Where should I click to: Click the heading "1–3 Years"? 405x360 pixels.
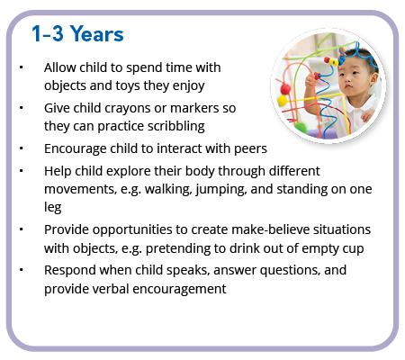77,33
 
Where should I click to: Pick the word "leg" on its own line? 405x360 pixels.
53,208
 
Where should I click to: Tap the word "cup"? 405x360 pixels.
354,249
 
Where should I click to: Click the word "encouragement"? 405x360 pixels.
179,289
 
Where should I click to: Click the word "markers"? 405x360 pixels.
194,108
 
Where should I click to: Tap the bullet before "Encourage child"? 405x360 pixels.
21,148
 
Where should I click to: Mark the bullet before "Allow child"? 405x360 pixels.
21,67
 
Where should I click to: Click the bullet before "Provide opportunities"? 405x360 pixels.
21,229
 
